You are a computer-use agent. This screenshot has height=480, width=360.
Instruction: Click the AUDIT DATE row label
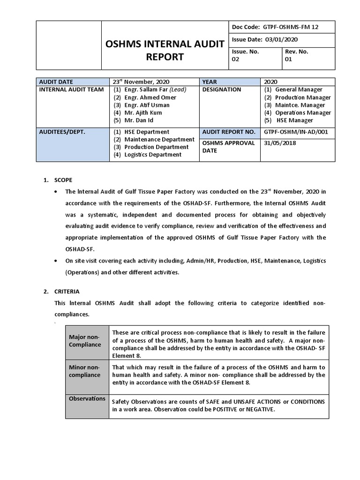click(56, 82)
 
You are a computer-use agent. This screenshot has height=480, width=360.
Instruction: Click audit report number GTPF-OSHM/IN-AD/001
click(296, 132)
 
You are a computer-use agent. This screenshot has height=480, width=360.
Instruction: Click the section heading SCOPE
click(64, 180)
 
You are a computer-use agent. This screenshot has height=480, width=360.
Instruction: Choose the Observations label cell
click(87, 398)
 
